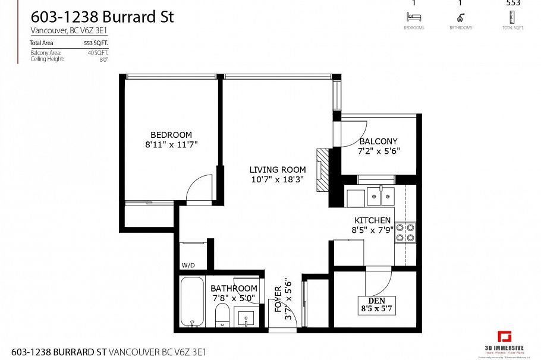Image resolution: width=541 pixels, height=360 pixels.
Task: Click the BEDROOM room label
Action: coord(171,135)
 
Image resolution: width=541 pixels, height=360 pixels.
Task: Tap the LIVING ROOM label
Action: coord(277,170)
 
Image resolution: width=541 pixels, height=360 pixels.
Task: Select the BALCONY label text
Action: coord(378,141)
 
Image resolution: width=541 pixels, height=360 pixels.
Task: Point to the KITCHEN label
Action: coord(373,220)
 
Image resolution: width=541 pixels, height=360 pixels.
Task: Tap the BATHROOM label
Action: coord(234,289)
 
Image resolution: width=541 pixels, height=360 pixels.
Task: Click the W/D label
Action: coord(188,266)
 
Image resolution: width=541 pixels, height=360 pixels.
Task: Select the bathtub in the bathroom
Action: coord(191,301)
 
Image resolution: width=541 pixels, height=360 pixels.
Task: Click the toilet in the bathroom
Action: coord(222,315)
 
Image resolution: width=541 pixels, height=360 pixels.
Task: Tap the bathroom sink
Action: coord(246,318)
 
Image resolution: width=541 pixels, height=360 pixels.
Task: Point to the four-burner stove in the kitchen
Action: coord(406,232)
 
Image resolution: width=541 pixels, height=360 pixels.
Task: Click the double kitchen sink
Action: coord(380,194)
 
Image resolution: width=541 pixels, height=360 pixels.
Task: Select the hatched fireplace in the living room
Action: coord(322,169)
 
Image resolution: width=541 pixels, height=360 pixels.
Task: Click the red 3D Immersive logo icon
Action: coord(505,336)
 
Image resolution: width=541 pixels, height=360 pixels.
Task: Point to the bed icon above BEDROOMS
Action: coord(413,18)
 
